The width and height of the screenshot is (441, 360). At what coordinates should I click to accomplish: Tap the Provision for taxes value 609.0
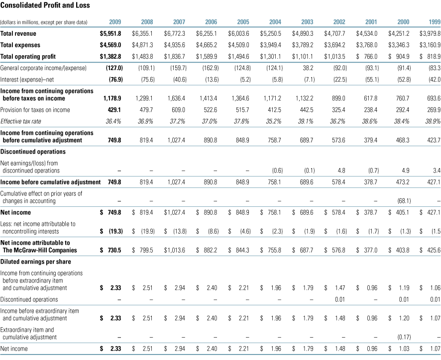pyautogui.click(x=177, y=110)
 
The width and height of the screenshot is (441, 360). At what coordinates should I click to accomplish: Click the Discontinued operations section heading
pyautogui.click(x=33, y=151)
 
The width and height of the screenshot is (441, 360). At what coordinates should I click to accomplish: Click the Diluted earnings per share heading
pyautogui.click(x=35, y=262)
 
